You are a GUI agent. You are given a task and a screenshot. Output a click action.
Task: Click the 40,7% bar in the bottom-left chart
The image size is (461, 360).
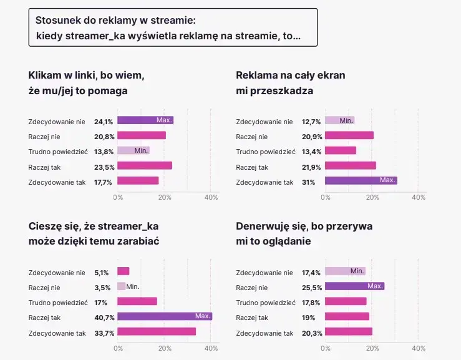point(165,316)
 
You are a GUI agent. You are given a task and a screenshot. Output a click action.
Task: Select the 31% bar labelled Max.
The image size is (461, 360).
point(361,180)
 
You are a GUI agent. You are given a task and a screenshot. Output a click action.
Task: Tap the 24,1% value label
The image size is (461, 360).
point(104,120)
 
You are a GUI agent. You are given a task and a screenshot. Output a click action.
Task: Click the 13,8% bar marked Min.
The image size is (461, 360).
point(133,150)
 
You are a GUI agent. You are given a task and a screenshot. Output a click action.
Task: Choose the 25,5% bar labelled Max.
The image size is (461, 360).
point(354,286)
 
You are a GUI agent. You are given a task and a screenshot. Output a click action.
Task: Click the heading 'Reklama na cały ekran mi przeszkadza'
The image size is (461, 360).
point(290,83)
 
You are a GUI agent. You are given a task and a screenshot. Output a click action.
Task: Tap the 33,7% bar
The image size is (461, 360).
point(157,331)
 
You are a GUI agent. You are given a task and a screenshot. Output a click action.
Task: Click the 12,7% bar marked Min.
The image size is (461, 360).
point(339,120)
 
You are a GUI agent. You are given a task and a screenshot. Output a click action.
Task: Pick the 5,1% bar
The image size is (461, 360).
point(124,271)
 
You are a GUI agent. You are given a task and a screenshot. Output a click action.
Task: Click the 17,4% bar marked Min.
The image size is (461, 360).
point(345,271)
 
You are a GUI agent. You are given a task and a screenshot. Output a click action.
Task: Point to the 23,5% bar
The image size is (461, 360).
point(145,165)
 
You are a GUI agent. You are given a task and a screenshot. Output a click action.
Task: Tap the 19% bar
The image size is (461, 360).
point(347,316)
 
